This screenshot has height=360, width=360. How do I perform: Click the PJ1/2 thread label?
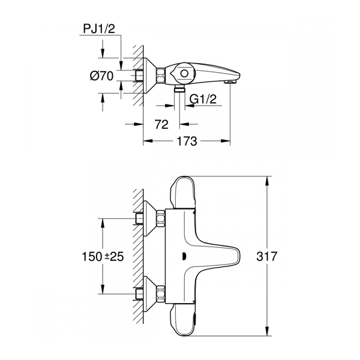(x=99, y=29)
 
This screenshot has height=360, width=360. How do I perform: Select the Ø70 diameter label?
(x=102, y=76)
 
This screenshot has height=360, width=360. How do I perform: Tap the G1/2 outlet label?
(x=203, y=99)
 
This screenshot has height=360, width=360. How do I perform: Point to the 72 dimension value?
(x=161, y=124)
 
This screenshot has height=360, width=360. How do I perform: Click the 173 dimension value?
(x=187, y=141)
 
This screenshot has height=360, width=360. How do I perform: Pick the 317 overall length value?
(x=267, y=256)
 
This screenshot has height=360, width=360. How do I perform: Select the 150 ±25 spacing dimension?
(x=103, y=256)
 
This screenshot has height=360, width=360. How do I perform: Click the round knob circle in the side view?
(x=184, y=74)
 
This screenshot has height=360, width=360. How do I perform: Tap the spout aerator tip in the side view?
(x=230, y=82)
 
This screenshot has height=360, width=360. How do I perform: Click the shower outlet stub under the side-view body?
(x=179, y=88)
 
